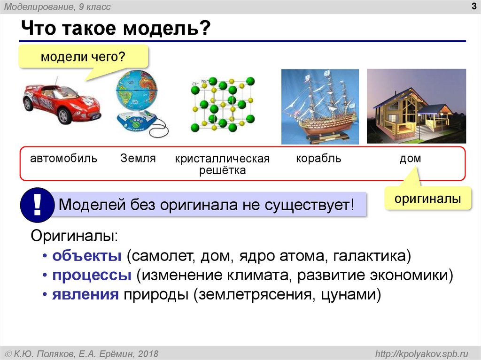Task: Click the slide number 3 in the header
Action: pyautogui.click(x=474, y=6)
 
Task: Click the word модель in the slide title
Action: pyautogui.click(x=167, y=28)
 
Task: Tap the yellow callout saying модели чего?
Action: pyautogui.click(x=83, y=57)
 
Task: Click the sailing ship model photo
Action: pyautogui.click(x=320, y=107)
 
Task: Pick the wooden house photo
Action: pyautogui.click(x=416, y=106)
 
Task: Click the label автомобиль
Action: pyautogui.click(x=63, y=159)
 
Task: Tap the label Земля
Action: pyautogui.click(x=138, y=158)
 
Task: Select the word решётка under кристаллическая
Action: pyautogui.click(x=222, y=170)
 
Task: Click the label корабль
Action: pyautogui.click(x=318, y=159)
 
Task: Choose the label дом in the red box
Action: pyautogui.click(x=410, y=159)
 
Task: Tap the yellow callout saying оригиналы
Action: pyautogui.click(x=427, y=199)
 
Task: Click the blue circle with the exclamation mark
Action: pyautogui.click(x=37, y=205)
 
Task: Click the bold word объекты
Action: pyautogui.click(x=87, y=255)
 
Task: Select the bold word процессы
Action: pyautogui.click(x=92, y=275)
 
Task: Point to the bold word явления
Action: pyautogui.click(x=85, y=294)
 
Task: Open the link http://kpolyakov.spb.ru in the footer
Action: pyautogui.click(x=421, y=353)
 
